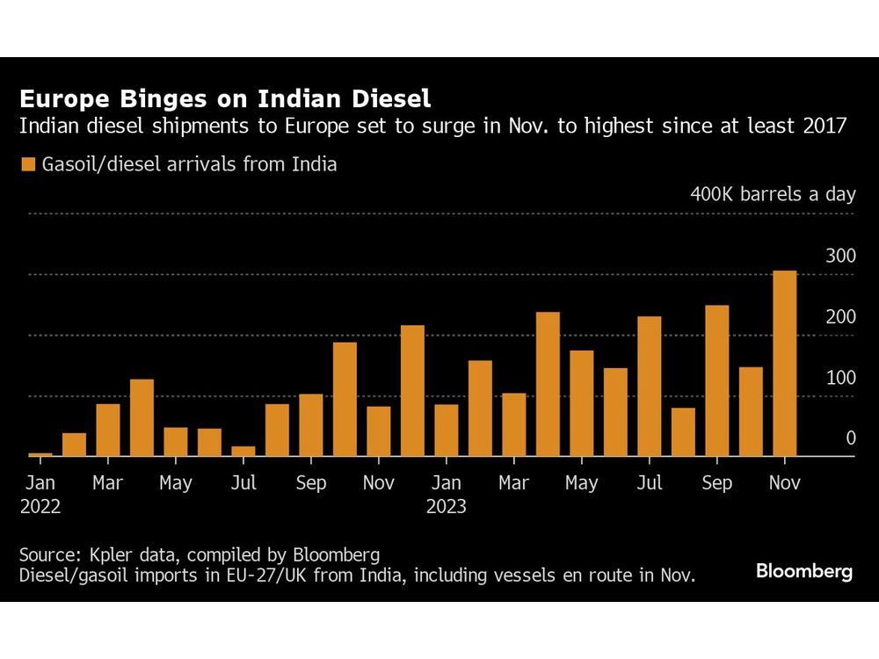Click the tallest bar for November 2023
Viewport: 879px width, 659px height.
(x=784, y=364)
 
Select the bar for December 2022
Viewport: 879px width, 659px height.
(x=412, y=391)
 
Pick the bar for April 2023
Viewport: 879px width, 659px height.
(x=548, y=384)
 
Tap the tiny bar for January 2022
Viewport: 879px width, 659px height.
(x=40, y=454)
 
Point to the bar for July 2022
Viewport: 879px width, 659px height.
(x=243, y=452)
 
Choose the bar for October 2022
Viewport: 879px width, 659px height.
(x=345, y=399)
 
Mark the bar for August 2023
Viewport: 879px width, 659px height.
(x=683, y=432)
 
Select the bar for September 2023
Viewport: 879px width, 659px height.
(x=717, y=380)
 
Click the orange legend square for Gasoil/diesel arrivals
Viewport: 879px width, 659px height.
(x=28, y=164)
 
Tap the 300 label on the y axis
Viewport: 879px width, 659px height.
(x=839, y=256)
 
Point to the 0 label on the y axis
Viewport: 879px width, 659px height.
(x=850, y=438)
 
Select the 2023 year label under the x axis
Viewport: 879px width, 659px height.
(x=446, y=507)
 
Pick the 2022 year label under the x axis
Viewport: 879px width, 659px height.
(x=40, y=507)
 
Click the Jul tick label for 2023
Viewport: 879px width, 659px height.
(x=650, y=483)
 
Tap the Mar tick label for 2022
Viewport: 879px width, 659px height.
(x=108, y=483)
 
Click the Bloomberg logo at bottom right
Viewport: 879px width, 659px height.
(x=803, y=571)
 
